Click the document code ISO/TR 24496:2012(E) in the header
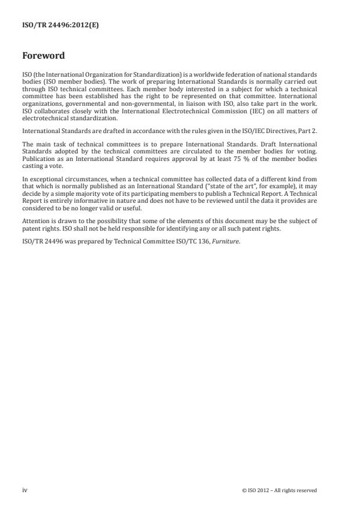(60, 25)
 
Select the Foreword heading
(43, 56)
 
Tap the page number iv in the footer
(24, 490)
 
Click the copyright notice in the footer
(279, 490)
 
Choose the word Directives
(271, 132)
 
